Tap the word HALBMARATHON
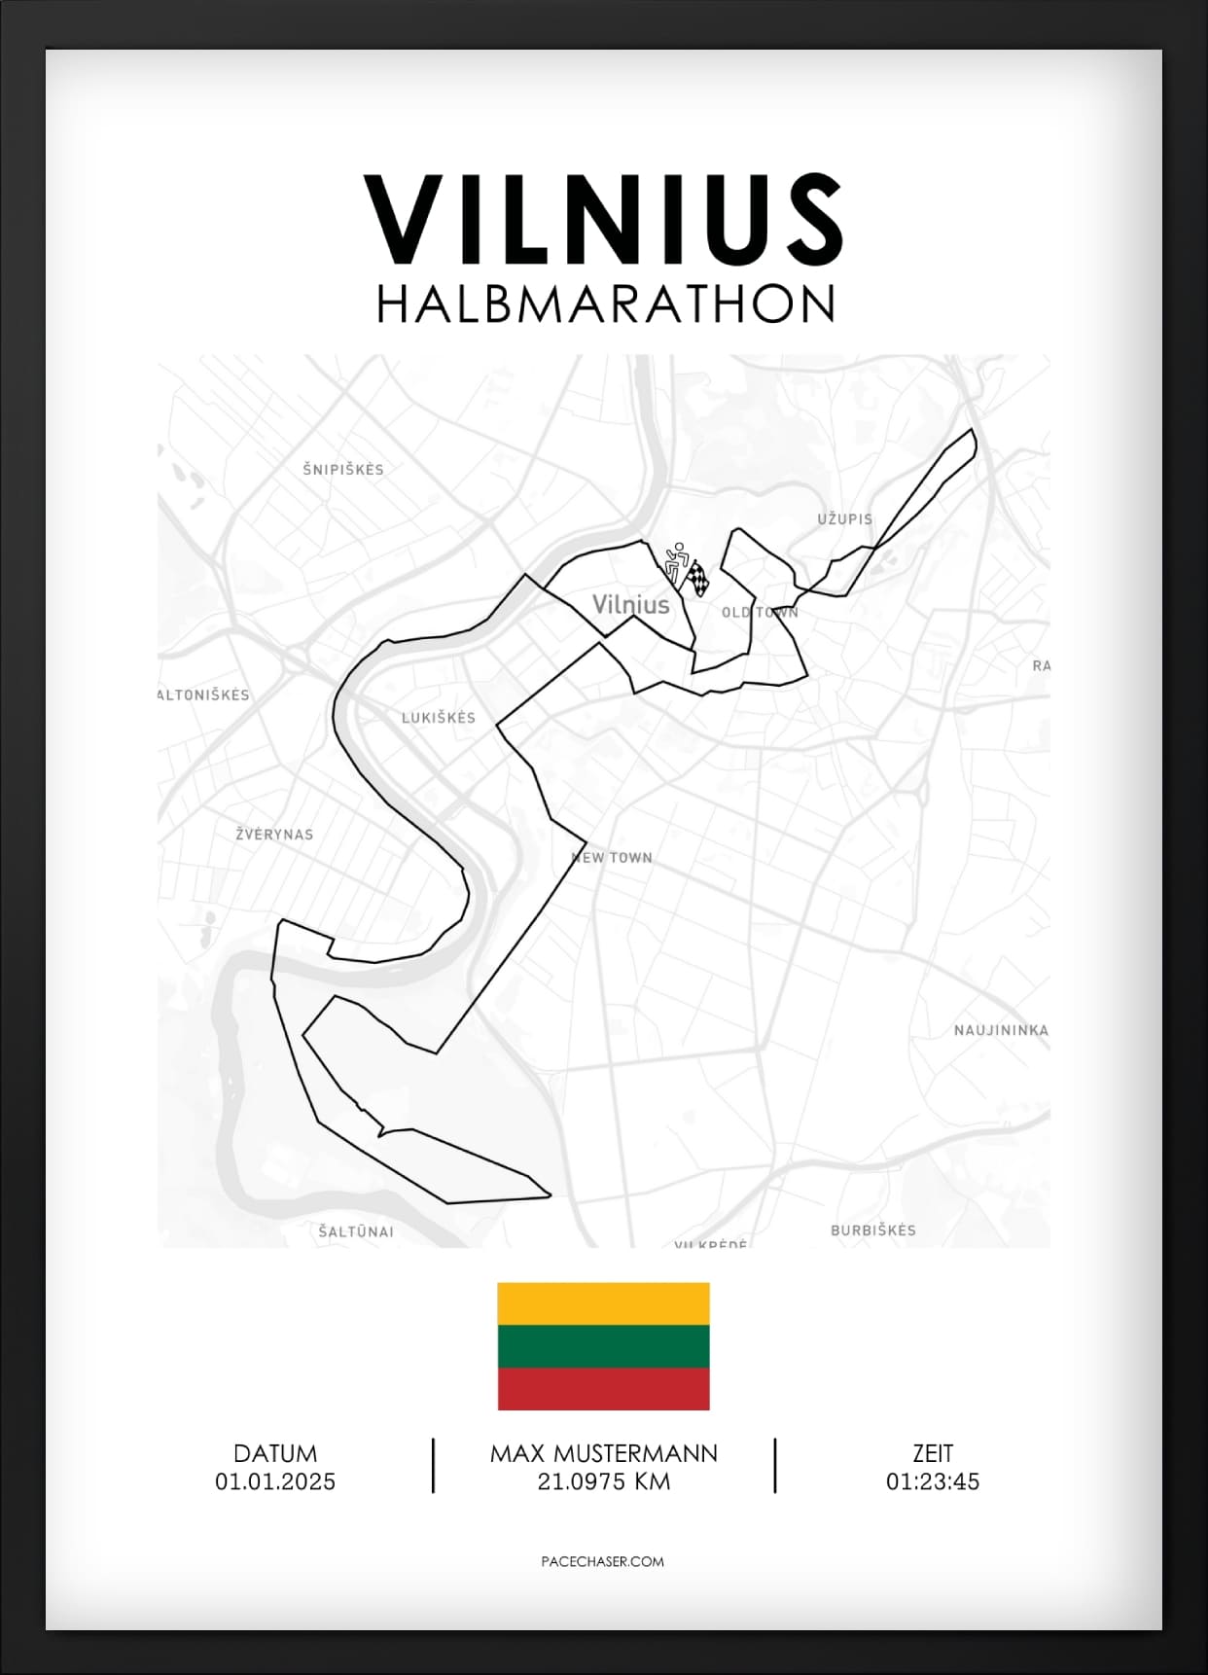605,304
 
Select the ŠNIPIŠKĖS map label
343,470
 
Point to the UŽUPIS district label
844,519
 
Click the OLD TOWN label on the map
760,613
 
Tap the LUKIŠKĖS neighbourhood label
439,718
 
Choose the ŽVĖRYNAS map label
274,835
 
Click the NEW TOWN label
612,858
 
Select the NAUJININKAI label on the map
1001,1030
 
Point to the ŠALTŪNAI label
356,1231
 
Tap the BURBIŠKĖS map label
872,1230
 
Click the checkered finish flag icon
698,578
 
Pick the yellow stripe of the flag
603,1304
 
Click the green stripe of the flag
603,1346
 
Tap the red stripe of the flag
603,1389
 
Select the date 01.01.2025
275,1482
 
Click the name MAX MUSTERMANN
603,1454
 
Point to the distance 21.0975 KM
603,1482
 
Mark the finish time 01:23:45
932,1482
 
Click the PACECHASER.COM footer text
602,1561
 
